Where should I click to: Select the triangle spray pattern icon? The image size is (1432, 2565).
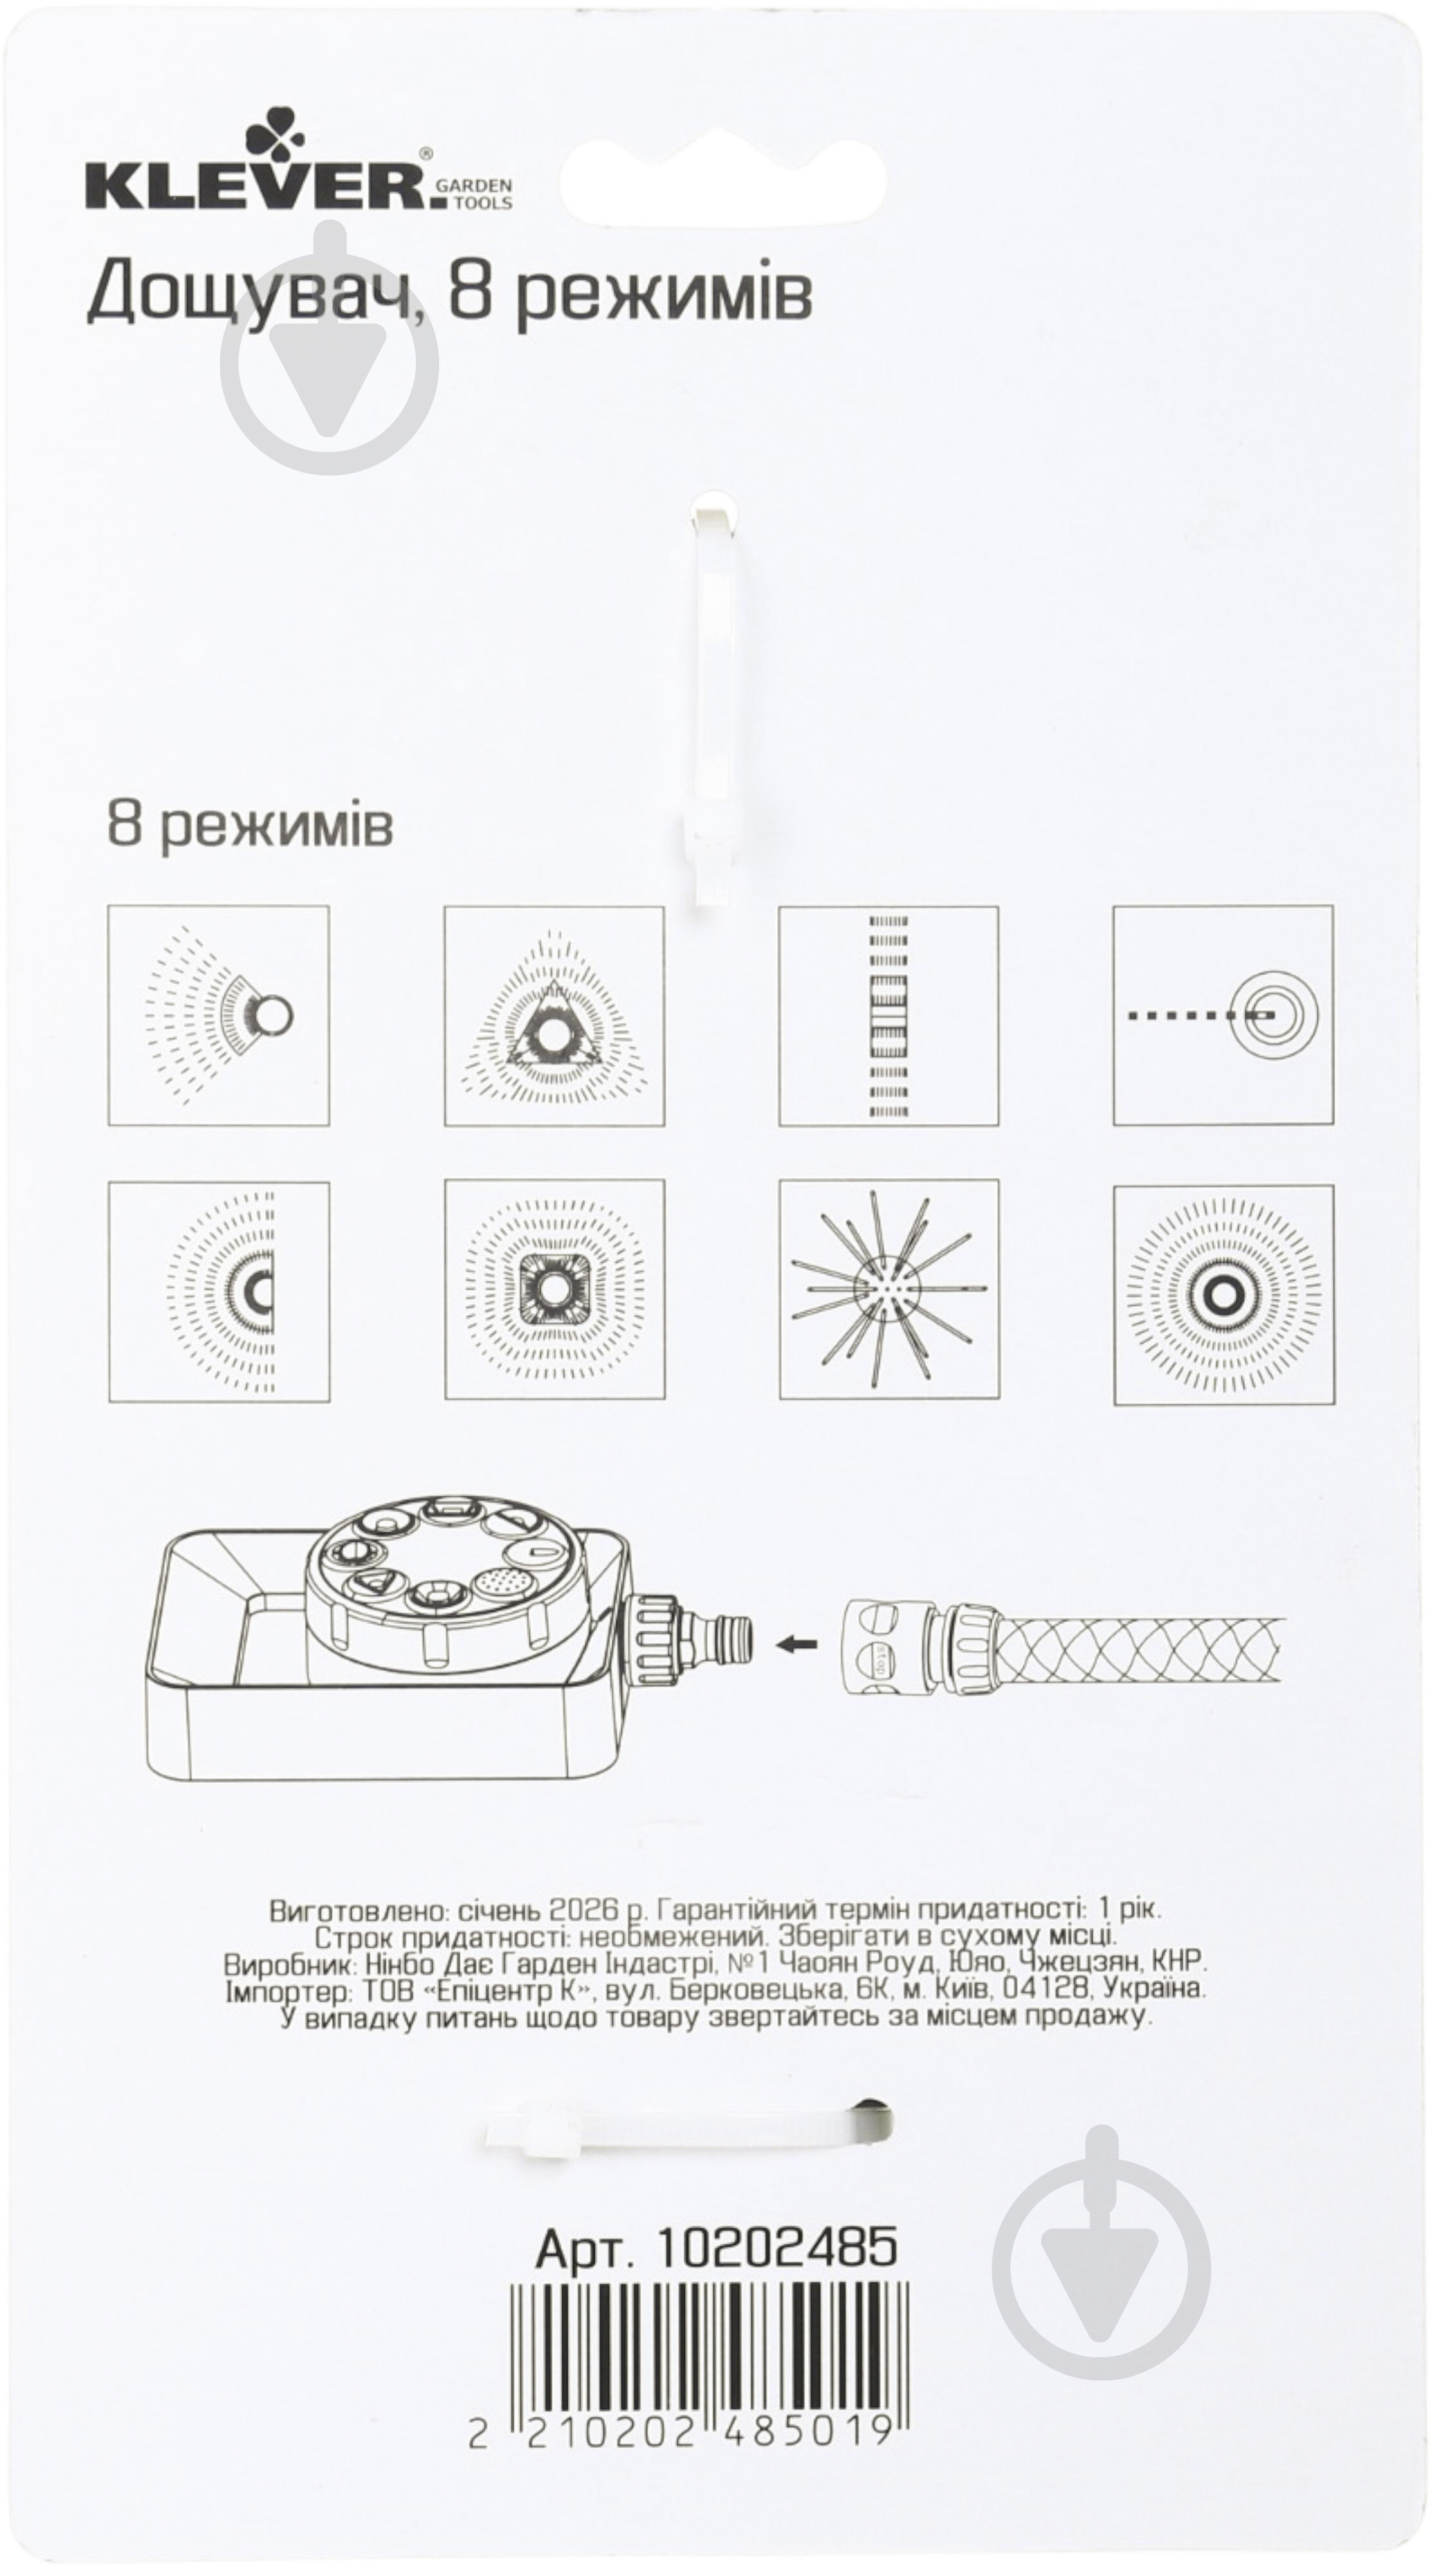(x=554, y=1016)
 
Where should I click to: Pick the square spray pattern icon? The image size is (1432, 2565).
(x=554, y=1292)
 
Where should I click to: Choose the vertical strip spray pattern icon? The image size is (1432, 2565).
(x=889, y=1016)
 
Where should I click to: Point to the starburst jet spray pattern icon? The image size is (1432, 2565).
(x=889, y=1292)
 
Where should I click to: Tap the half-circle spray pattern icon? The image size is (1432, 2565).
(x=218, y=1292)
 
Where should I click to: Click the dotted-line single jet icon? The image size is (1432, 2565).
(x=1223, y=1015)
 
